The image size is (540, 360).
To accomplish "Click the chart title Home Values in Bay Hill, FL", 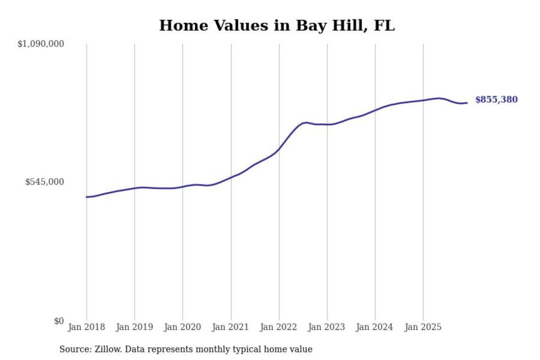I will pos(277,25).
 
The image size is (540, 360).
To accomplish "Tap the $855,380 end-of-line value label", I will pos(496,99).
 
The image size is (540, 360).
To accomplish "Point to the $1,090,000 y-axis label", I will pos(40,44).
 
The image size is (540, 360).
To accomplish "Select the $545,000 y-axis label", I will pos(44,182).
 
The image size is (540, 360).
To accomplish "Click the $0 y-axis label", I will pos(58,321).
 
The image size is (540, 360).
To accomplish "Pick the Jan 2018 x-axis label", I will pos(86,327).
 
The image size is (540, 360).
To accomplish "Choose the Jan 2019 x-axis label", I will pos(134,327).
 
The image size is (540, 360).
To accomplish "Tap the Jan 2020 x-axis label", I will pos(182,327).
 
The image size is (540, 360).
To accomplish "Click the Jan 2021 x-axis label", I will pos(230,327).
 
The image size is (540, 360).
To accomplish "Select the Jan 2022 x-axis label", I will pos(278,327).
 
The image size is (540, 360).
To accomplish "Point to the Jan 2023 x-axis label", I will pos(326,327).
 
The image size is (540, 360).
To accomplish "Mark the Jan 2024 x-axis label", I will pos(374,327).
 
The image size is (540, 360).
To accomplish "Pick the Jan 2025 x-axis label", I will pos(423,327).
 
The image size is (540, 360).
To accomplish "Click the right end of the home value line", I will pos(467,103).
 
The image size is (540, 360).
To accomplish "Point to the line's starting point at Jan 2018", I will pos(87,197).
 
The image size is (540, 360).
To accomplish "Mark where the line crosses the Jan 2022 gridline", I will pos(279,149).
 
